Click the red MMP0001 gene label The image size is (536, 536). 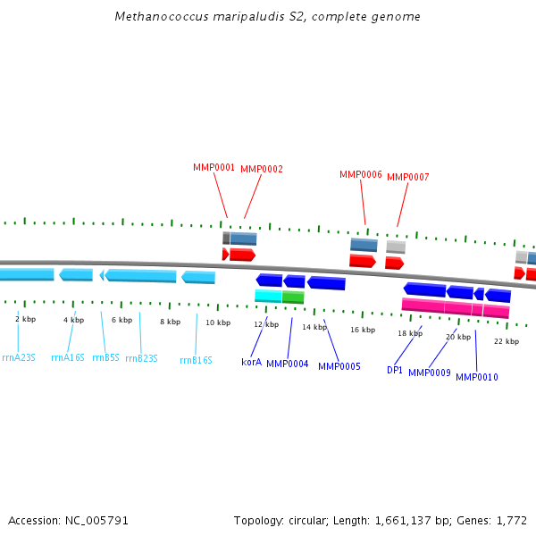214,167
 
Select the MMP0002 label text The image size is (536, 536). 262,169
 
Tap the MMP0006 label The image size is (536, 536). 361,174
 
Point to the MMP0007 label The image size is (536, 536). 408,177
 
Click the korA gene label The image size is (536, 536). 252,362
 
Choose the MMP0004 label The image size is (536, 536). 288,364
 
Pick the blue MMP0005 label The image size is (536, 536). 339,365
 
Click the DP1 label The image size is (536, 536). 395,369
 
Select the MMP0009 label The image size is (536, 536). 430,373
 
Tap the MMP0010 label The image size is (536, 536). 477,377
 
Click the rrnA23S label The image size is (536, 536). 19,357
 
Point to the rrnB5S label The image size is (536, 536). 105,357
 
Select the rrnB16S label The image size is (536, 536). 196,360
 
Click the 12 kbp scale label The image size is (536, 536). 266,325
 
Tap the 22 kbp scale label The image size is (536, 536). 507,341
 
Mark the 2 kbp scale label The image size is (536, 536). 26,319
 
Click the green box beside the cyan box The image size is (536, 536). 293,297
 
